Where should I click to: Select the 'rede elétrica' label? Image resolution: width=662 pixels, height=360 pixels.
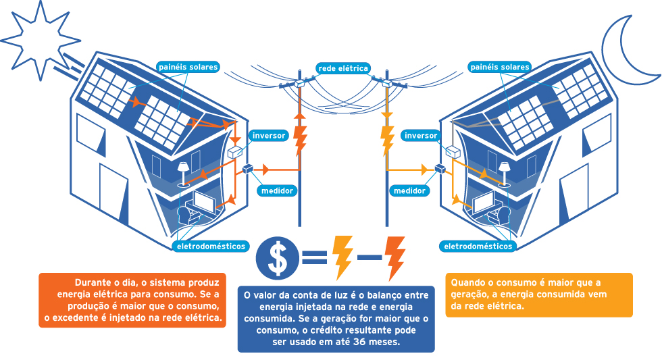343,68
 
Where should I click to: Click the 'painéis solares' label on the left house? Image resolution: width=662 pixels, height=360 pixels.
187,68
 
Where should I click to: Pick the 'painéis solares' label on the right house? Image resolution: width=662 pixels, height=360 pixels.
499,68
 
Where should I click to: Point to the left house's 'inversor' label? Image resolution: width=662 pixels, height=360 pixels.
269,135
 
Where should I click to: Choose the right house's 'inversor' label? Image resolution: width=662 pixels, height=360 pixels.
420,135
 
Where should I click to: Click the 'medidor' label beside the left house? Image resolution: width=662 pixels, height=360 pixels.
277,190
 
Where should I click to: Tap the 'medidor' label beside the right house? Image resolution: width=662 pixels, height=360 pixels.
409,191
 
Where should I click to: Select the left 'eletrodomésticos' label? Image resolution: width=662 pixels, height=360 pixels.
211,246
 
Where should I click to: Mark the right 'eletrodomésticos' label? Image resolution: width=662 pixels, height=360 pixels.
478,246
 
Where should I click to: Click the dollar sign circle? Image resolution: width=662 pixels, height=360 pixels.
277,257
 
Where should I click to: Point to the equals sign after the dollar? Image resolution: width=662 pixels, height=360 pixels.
313,257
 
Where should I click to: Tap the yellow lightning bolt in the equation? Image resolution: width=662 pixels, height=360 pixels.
342,257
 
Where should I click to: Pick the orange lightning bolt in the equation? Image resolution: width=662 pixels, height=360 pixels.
394,257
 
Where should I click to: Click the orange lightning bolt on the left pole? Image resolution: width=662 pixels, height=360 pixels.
300,138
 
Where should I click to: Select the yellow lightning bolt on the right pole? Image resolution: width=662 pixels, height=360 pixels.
387,138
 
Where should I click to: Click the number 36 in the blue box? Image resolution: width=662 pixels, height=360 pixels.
363,342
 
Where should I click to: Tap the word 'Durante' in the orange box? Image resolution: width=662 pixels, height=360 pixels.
95,282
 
